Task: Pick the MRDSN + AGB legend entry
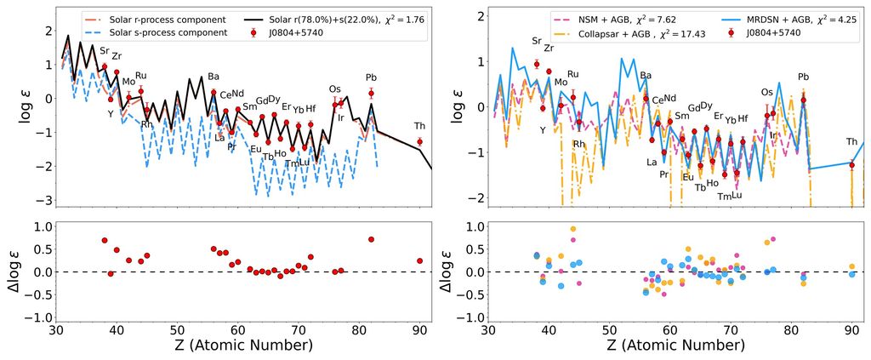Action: tap(756, 18)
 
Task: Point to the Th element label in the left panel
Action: tap(419, 126)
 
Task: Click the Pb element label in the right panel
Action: tap(804, 77)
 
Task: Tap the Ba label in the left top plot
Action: tap(213, 77)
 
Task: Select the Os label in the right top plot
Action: tap(767, 92)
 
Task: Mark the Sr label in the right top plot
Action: tap(536, 41)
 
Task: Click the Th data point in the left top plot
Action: tap(419, 141)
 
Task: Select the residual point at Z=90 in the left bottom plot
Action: tap(419, 260)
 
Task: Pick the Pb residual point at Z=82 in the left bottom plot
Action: tap(371, 239)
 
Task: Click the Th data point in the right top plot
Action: tap(851, 164)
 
